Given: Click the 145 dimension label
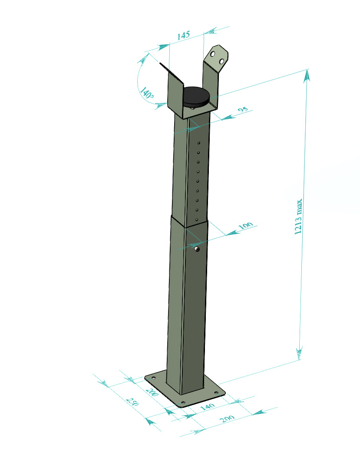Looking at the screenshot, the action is [x=183, y=35].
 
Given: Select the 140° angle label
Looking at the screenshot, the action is [x=147, y=93].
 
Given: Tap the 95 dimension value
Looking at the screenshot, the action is [x=243, y=110].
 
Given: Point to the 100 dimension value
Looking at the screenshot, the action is [x=245, y=226].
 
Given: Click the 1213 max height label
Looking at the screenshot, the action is [x=298, y=216].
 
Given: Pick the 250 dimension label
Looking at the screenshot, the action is [x=132, y=401].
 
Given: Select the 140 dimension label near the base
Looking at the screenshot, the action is [x=208, y=406].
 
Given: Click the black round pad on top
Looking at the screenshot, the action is [x=196, y=96].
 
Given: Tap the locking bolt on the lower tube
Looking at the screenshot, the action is [x=197, y=249].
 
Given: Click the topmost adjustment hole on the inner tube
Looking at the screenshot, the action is [x=199, y=143].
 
